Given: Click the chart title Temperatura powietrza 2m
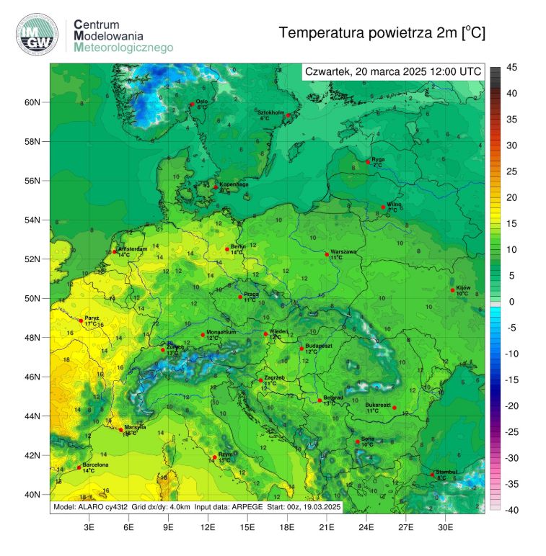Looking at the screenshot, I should (x=382, y=32).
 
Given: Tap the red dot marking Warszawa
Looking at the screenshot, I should (x=327, y=254).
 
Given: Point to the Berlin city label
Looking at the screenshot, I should (x=239, y=247).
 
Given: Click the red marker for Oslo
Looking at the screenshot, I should (x=192, y=104).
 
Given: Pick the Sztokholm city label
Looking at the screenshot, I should (x=273, y=112).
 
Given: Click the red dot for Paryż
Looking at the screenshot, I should (x=81, y=321).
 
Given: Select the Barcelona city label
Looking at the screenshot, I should (x=96, y=465).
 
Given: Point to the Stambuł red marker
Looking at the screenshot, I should (x=433, y=475).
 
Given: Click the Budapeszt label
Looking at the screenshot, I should (x=318, y=346).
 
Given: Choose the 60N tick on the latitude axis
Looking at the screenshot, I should (x=32, y=102).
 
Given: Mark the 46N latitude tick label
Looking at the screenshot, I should (x=32, y=377).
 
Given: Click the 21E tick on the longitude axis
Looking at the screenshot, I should (x=327, y=527).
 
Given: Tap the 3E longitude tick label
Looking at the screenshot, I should (x=89, y=527).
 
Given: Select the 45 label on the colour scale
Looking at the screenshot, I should (x=511, y=68).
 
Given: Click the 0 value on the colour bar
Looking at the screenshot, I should (x=511, y=302).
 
